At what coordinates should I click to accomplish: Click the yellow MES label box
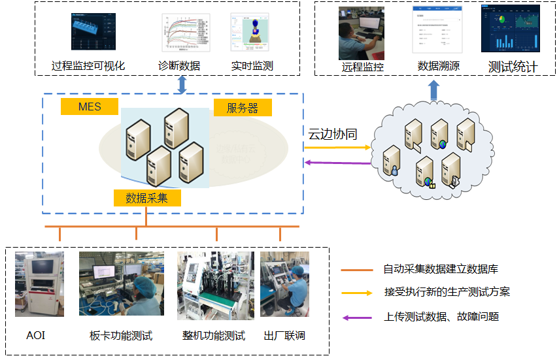(x=89, y=106)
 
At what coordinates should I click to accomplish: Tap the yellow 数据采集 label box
(x=146, y=198)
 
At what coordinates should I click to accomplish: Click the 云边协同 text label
(x=333, y=134)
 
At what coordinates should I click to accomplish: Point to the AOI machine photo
(x=39, y=285)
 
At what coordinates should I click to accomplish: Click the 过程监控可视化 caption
(x=88, y=65)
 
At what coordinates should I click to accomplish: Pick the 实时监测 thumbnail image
(x=252, y=33)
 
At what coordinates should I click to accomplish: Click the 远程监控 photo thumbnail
(x=361, y=33)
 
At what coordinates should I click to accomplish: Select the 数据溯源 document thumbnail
(x=432, y=29)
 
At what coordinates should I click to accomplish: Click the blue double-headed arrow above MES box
(x=182, y=84)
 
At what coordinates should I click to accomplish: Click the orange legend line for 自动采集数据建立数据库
(x=356, y=269)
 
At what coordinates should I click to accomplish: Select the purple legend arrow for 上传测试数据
(x=356, y=318)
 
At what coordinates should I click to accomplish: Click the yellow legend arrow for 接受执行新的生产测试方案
(x=356, y=293)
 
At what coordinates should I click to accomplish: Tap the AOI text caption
(x=36, y=336)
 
